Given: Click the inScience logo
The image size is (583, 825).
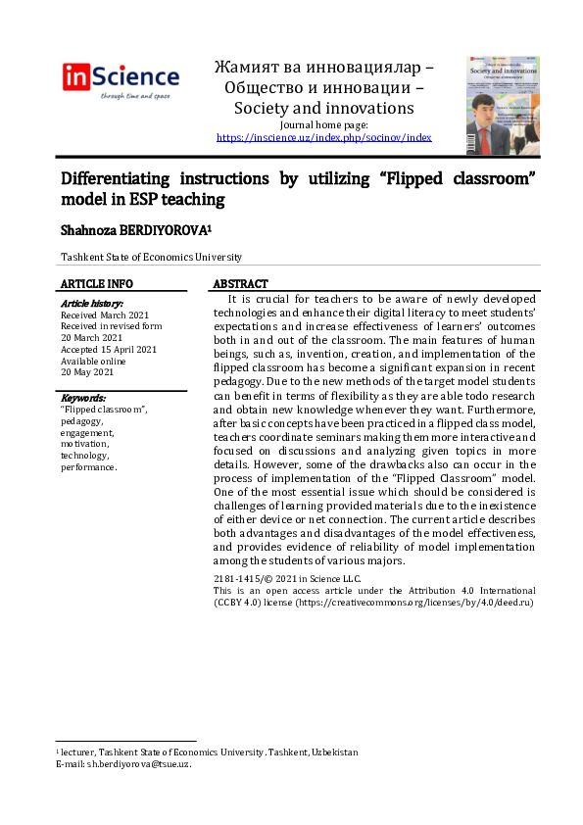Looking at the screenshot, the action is (121, 79).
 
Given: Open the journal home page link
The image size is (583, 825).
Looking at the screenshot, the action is (323, 138).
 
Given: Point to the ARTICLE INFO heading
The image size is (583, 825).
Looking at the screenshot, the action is (97, 283).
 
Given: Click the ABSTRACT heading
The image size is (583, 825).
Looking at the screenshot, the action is (240, 283).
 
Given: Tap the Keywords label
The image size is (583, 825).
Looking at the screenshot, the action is (83, 398).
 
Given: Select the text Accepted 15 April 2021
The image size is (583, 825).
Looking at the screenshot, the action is (109, 349).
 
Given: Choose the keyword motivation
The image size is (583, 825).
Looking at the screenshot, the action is (85, 443).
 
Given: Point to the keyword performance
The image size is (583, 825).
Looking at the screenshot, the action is (89, 466).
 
